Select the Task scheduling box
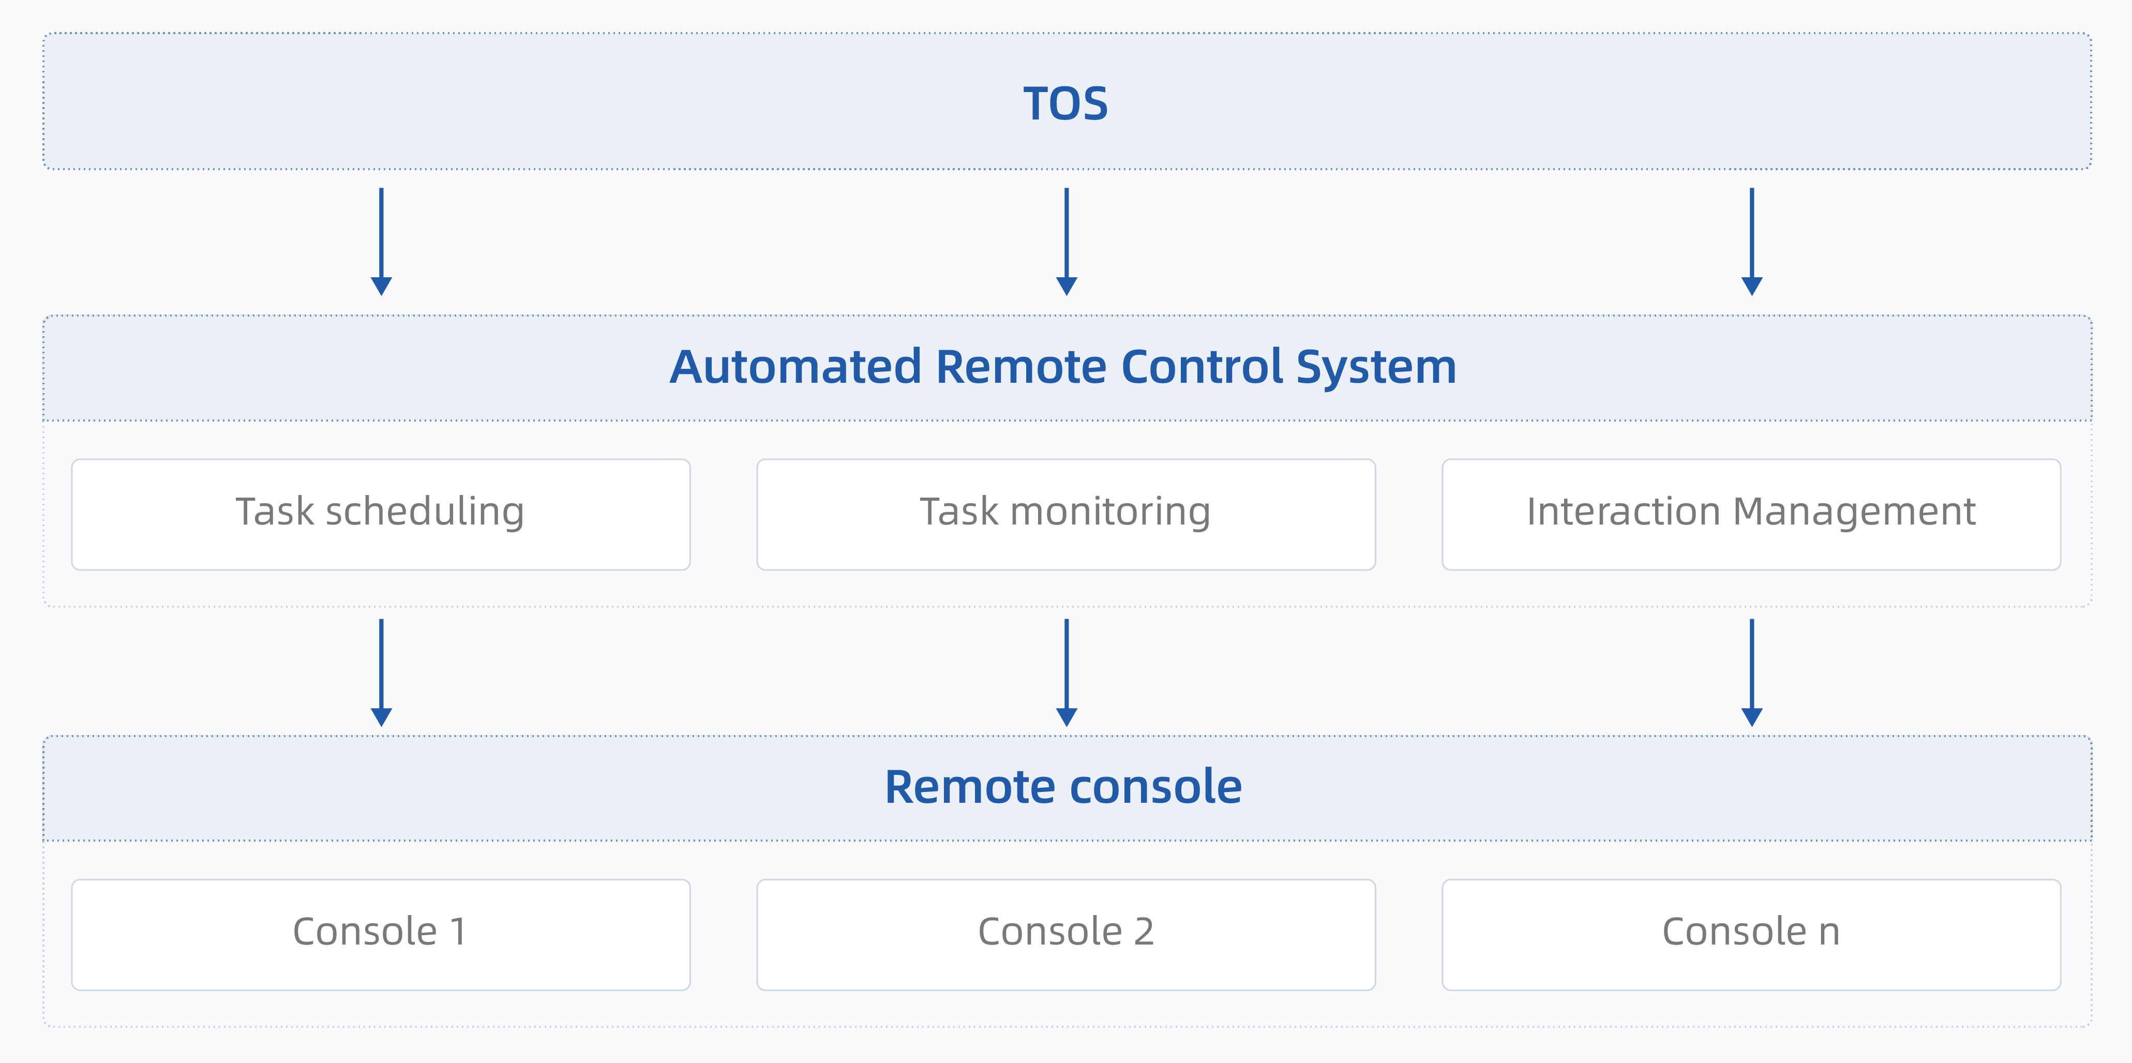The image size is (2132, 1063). pyautogui.click(x=381, y=514)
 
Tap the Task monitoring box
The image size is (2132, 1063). pyautogui.click(x=1066, y=514)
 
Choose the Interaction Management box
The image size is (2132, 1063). pyautogui.click(x=1751, y=514)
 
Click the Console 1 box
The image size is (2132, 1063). pyautogui.click(x=381, y=935)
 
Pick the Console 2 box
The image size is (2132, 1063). pyautogui.click(x=1066, y=935)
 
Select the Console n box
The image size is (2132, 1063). pyautogui.click(x=1751, y=935)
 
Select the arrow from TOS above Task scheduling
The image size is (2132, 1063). pyautogui.click(x=381, y=242)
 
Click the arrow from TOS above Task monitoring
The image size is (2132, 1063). pyautogui.click(x=1066, y=242)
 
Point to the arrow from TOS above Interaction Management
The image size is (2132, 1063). pyautogui.click(x=1751, y=242)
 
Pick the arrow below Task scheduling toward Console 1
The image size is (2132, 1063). pyautogui.click(x=381, y=673)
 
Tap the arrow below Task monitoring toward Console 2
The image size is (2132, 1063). pyautogui.click(x=1066, y=673)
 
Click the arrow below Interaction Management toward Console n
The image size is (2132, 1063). pyautogui.click(x=1751, y=673)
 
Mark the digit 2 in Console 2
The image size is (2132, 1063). pyautogui.click(x=1144, y=932)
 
